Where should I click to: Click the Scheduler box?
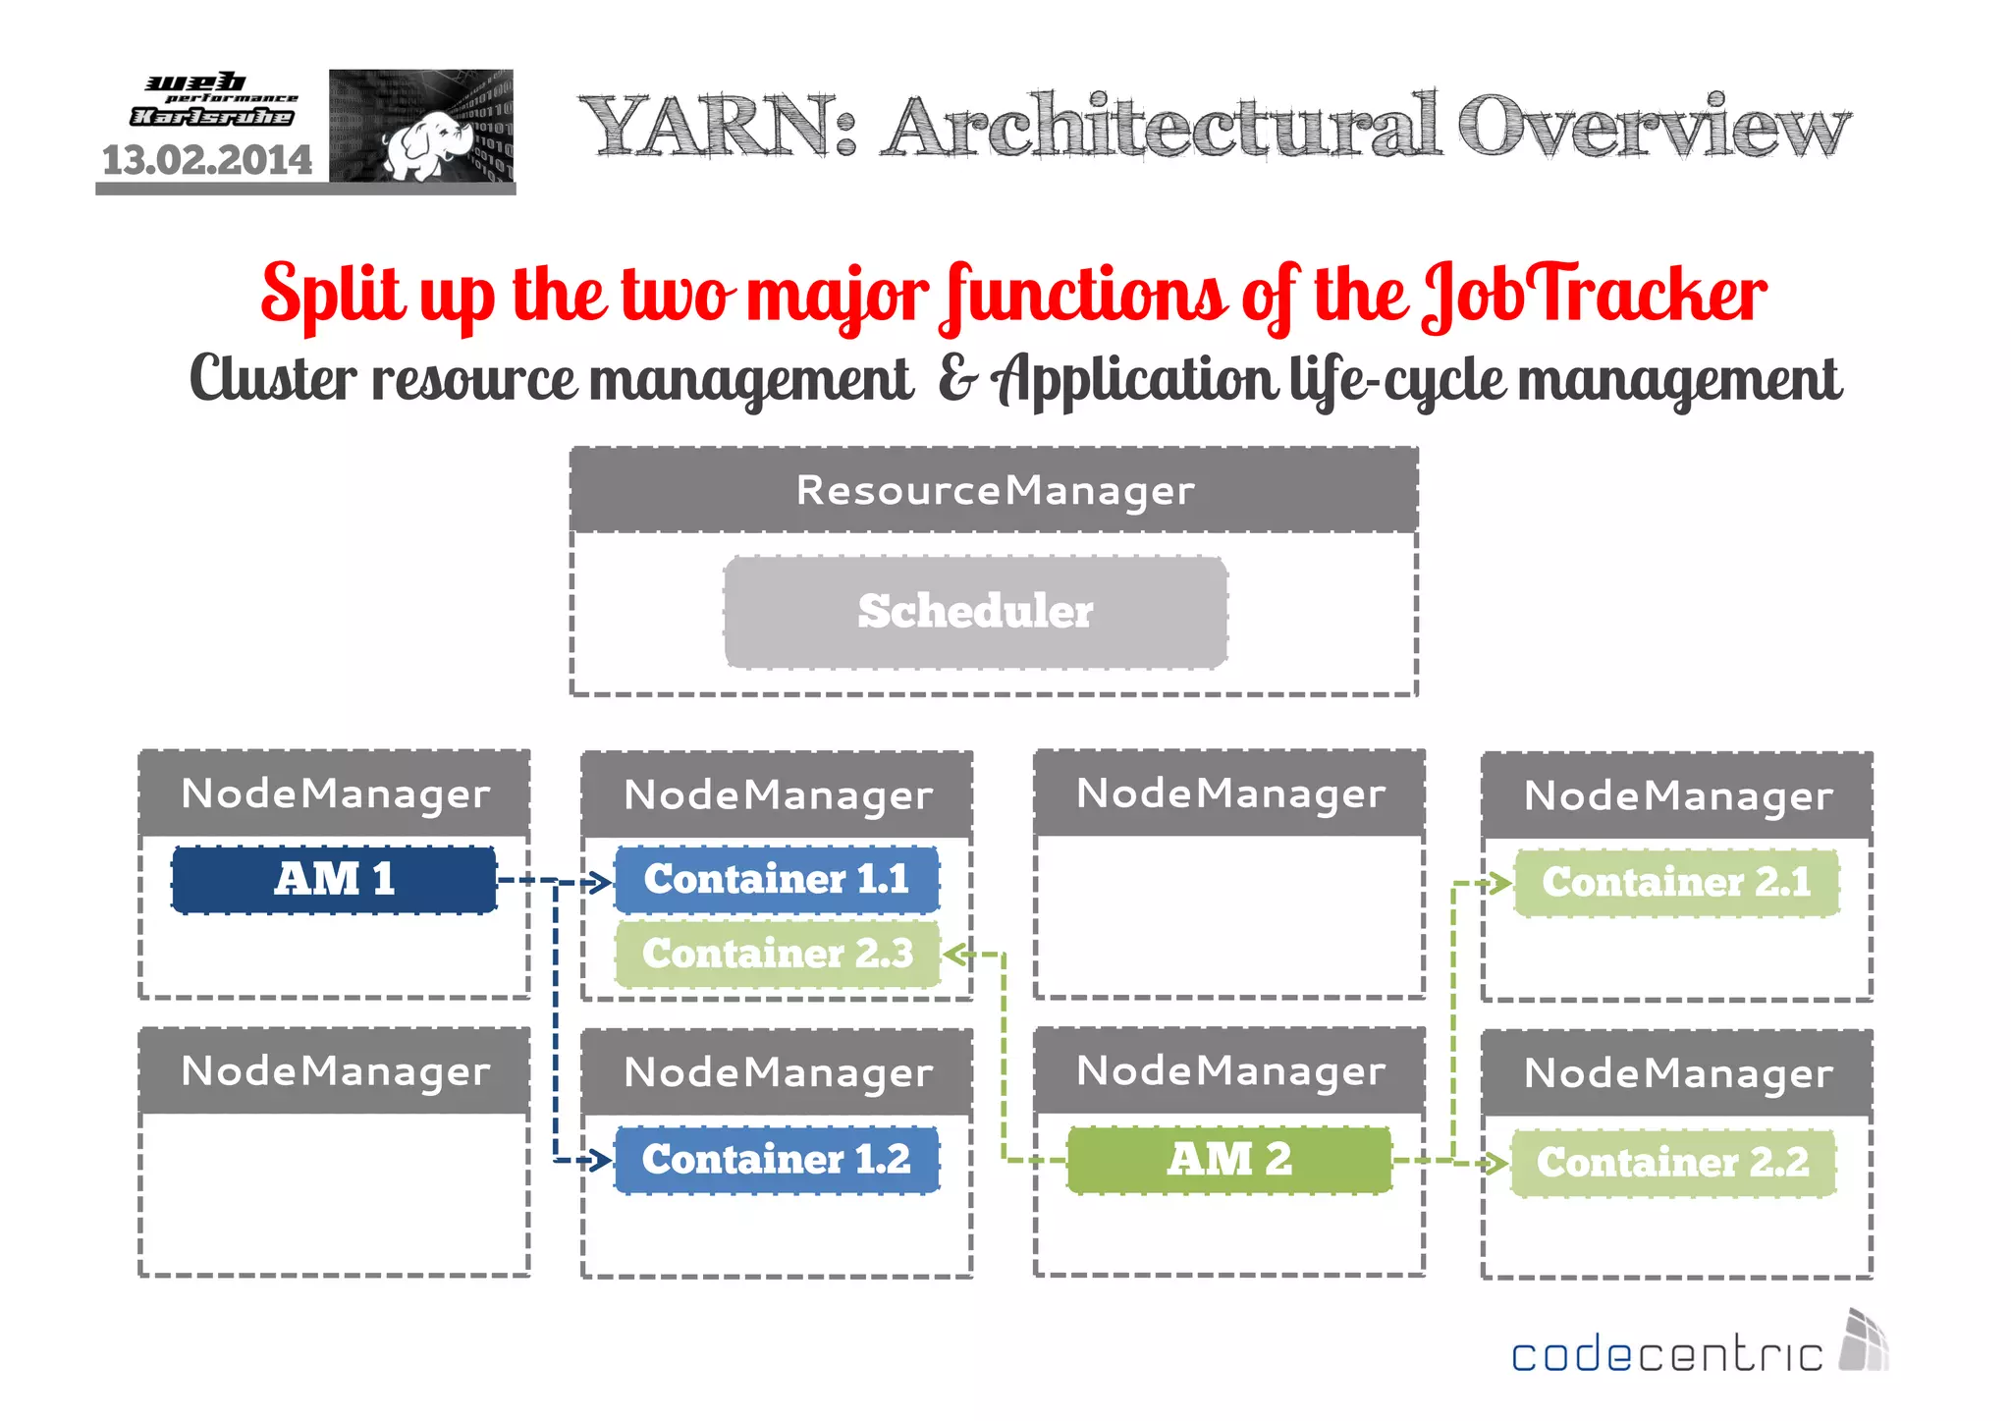pyautogui.click(x=975, y=612)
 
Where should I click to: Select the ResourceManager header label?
pyautogui.click(x=994, y=490)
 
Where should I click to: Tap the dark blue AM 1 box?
pyautogui.click(x=334, y=879)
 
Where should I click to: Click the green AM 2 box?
pyautogui.click(x=1229, y=1160)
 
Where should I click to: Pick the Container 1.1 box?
pyautogui.click(x=777, y=879)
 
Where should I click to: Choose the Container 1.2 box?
pyautogui.click(x=777, y=1160)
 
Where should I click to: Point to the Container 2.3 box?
pyautogui.click(x=777, y=954)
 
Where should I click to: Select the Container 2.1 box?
pyautogui.click(x=1676, y=882)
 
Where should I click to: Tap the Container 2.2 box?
pyautogui.click(x=1673, y=1163)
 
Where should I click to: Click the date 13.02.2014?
pyautogui.click(x=207, y=160)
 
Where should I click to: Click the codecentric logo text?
pyautogui.click(x=1666, y=1355)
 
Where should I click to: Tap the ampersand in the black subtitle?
pyautogui.click(x=956, y=378)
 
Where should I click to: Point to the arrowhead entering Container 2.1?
pyautogui.click(x=1500, y=883)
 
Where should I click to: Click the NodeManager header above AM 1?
pyautogui.click(x=335, y=793)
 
